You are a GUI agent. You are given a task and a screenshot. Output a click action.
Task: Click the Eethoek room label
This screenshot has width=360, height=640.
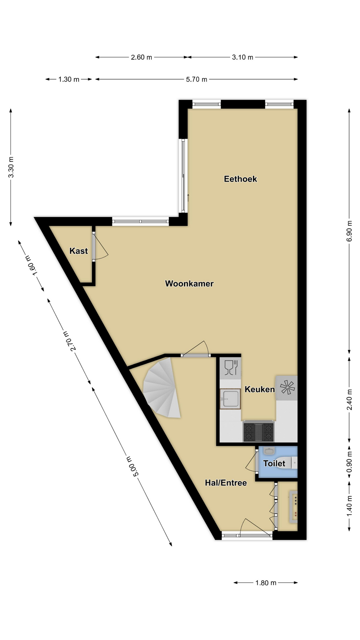240,179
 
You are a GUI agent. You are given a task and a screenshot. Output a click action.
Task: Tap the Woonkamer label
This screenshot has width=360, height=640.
189,284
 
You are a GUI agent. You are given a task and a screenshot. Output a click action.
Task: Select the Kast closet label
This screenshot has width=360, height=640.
79,251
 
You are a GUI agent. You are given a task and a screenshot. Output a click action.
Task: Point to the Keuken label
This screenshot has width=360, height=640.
260,389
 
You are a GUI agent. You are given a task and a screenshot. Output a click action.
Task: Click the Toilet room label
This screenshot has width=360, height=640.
274,463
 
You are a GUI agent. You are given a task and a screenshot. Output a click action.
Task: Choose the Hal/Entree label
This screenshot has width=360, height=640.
226,483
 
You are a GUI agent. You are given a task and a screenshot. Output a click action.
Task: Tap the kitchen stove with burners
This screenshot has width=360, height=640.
258,432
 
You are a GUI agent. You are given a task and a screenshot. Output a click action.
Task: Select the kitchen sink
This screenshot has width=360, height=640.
230,399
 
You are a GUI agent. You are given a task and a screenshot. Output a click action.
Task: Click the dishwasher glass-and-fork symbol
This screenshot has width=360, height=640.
231,368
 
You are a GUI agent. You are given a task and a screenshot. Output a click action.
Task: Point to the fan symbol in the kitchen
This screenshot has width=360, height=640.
287,388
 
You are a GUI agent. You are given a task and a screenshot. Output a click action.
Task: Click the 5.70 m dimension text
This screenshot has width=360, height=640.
197,79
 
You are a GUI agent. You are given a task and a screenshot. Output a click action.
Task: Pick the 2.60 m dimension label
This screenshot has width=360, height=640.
141,57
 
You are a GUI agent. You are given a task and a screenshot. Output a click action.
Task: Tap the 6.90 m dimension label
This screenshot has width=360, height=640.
349,231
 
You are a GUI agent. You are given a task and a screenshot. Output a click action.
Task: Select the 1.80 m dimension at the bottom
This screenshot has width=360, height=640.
266,583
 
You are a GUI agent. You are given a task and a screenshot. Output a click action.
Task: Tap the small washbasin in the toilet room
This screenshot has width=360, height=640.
269,451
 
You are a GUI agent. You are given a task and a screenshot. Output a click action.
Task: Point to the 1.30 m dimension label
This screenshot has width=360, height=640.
69,79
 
